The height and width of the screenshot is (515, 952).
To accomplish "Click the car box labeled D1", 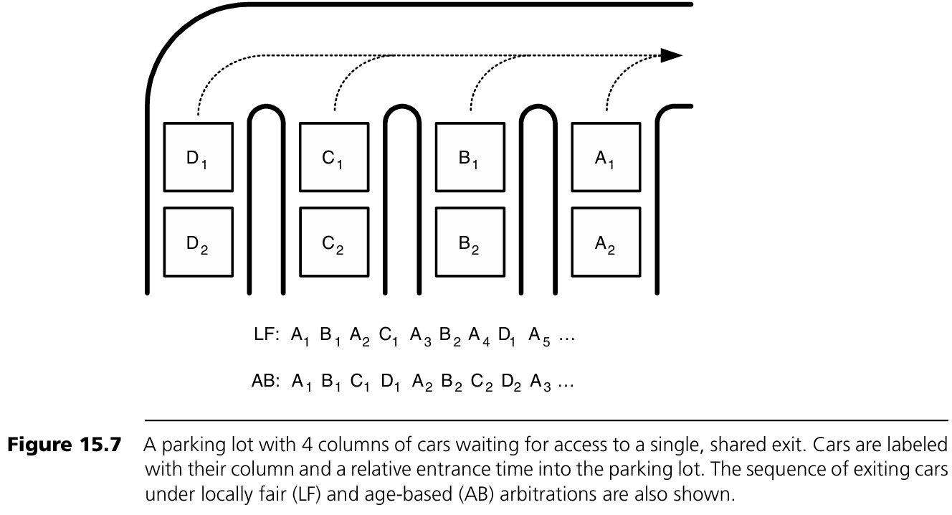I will point(198,157).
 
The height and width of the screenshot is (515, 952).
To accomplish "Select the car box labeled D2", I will point(198,242).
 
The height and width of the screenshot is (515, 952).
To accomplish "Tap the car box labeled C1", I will point(333,157).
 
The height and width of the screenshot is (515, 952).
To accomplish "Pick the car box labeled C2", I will point(333,242).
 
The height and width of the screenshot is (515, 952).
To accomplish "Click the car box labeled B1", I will point(470,157).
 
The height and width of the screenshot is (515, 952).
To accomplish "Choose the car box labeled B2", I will point(470,242).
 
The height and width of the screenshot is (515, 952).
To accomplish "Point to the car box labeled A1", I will point(606,157).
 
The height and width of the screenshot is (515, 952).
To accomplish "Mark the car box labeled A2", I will point(606,242).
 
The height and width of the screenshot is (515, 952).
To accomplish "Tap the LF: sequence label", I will point(266,336).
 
